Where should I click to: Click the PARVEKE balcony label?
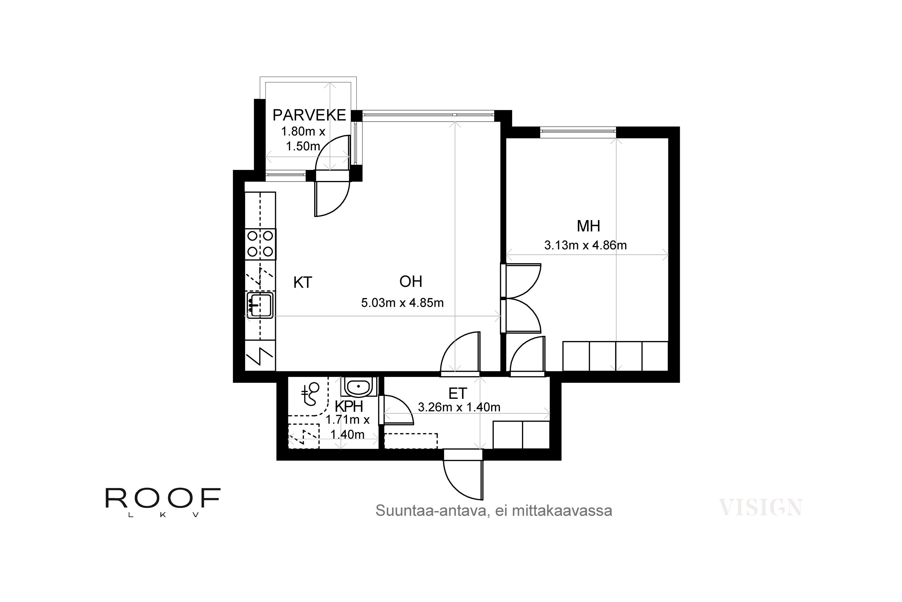coord(309,115)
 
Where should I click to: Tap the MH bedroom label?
coord(588,226)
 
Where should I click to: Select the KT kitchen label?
coord(302,283)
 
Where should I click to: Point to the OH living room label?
coord(411,282)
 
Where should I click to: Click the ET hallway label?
coord(458,393)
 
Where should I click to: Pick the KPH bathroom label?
coord(348,406)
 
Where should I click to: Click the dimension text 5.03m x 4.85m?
coord(402,303)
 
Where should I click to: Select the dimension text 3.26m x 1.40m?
coord(459,407)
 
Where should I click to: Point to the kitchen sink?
coord(260,305)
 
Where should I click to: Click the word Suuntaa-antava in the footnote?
coord(431,510)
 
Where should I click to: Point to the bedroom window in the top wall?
coord(578,132)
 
